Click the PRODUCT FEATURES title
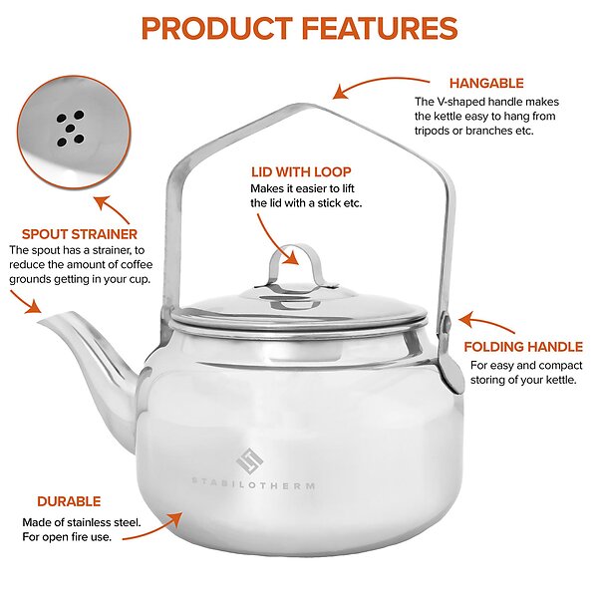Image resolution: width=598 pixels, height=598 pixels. coord(299,29)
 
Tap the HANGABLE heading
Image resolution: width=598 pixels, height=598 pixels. coord(486,83)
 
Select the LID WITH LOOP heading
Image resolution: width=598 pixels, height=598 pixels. coord(301,172)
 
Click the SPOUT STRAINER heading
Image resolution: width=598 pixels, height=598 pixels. coord(80,234)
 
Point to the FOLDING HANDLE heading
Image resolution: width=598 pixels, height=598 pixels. coord(523,347)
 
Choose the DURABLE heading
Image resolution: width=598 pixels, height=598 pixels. coord(69,501)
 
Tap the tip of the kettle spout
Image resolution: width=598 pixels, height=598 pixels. coord(39,322)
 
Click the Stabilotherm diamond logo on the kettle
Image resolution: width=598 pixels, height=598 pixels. coord(250,460)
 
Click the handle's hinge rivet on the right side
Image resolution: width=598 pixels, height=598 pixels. coord(447,325)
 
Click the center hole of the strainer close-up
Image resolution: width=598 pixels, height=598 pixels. coord(69,129)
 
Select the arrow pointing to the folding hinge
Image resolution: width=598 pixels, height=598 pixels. coord(487,322)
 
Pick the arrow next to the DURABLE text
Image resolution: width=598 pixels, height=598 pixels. coord(154,530)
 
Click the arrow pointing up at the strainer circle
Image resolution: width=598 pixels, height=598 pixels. coord(113,208)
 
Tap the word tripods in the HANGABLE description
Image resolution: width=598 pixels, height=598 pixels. coord(433,131)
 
